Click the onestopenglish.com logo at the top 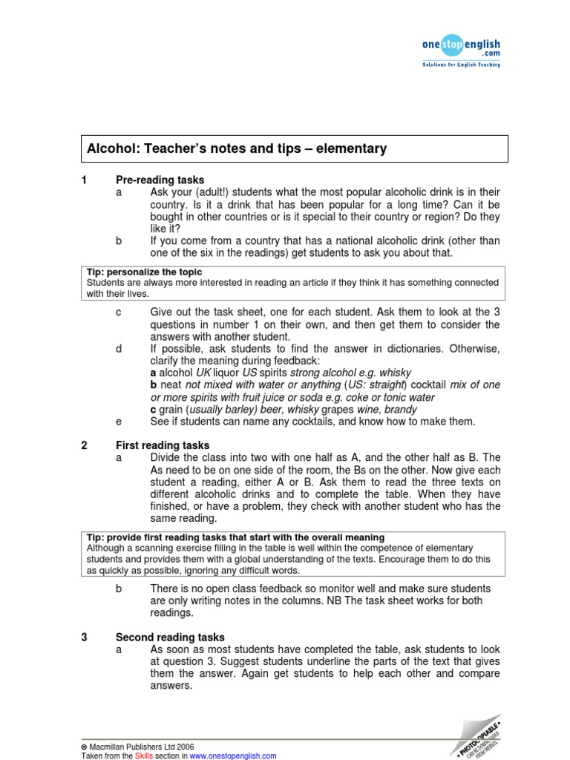point(460,49)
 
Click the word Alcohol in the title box point(109,148)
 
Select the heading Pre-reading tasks point(160,180)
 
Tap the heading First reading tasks point(163,445)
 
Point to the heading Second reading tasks point(170,638)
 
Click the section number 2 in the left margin point(85,445)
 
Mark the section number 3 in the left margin point(85,638)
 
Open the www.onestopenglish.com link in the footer point(232,756)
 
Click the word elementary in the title point(351,148)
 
